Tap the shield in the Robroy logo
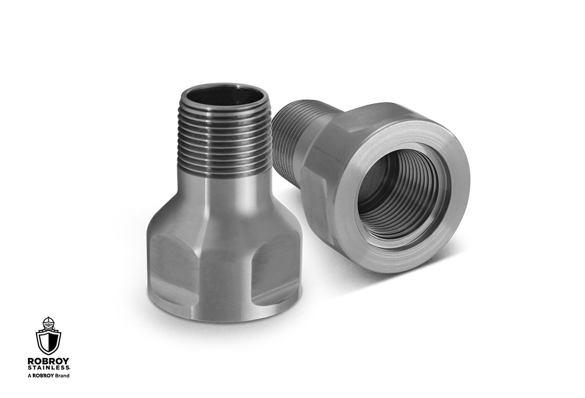pos(48,341)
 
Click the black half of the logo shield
pos(54,341)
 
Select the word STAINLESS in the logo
pos(48,367)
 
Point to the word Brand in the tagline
pos(62,376)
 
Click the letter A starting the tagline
pos(29,376)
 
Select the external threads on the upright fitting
pos(224,142)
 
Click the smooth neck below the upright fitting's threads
pos(224,192)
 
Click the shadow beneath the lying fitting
pos(366,288)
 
